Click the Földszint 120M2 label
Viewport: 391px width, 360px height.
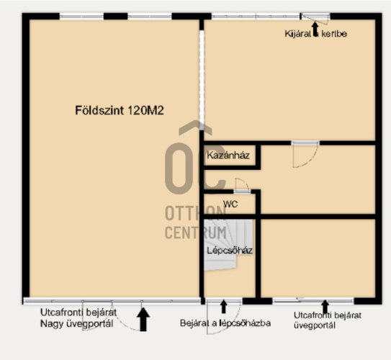pyautogui.click(x=120, y=110)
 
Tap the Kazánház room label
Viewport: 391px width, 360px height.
pyautogui.click(x=228, y=155)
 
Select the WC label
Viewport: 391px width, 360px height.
pyautogui.click(x=230, y=204)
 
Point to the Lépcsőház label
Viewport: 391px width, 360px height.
pyautogui.click(x=230, y=251)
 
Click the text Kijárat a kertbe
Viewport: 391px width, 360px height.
pyautogui.click(x=316, y=34)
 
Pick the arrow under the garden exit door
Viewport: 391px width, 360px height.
pyautogui.click(x=315, y=27)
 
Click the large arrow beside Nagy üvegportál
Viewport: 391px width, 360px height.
pyautogui.click(x=143, y=320)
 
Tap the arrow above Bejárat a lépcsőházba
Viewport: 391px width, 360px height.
pyautogui.click(x=224, y=307)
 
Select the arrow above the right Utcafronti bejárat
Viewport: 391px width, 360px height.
pyautogui.click(x=325, y=307)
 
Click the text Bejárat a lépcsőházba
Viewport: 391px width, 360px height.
pyautogui.click(x=225, y=323)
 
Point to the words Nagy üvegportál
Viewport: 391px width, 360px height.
pyautogui.click(x=77, y=323)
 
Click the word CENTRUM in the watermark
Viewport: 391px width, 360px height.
pyautogui.click(x=196, y=233)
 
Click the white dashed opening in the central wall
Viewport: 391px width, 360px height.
pyautogui.click(x=202, y=77)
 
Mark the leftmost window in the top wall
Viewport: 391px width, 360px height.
pyautogui.click(x=81, y=17)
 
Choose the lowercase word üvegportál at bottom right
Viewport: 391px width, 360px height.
pyautogui.click(x=315, y=325)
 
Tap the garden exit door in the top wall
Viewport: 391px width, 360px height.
pyautogui.click(x=315, y=17)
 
